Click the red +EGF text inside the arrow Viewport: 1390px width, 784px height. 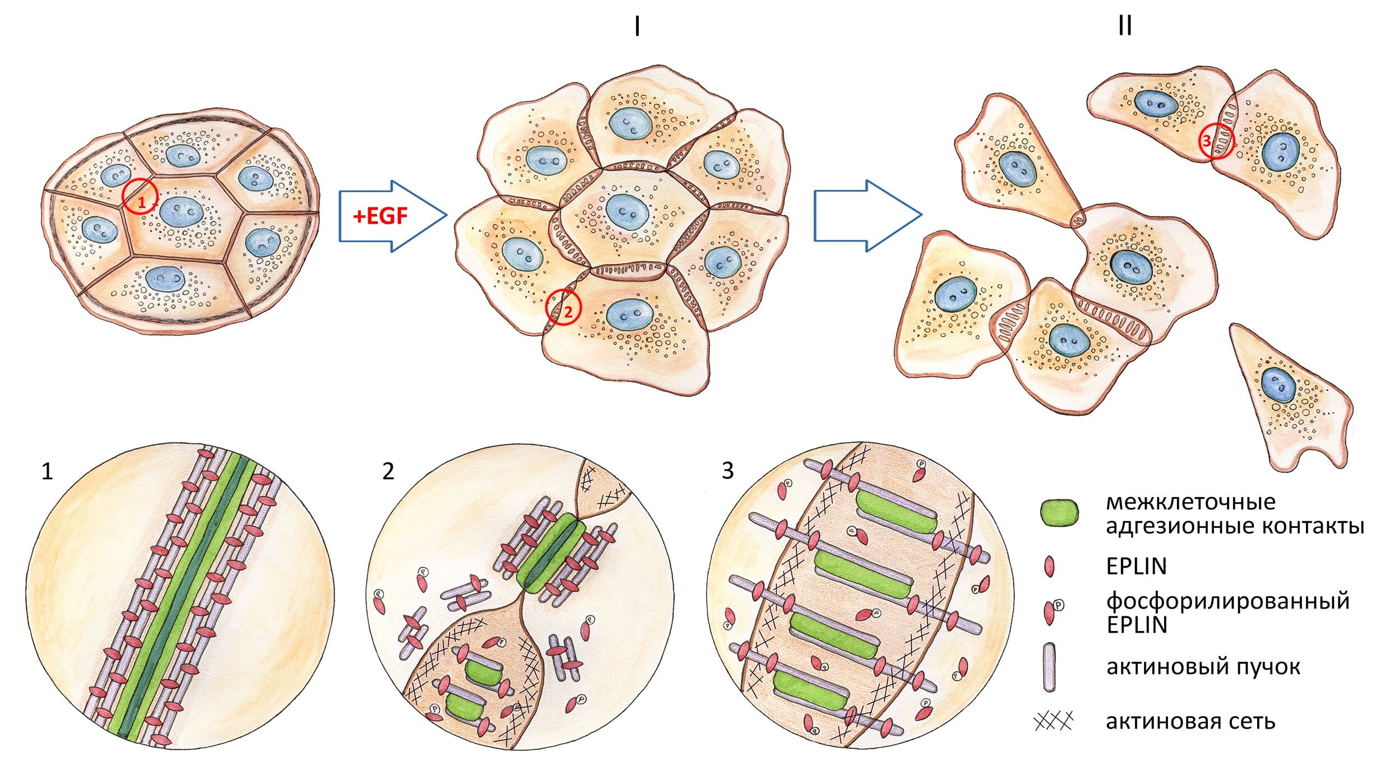click(381, 216)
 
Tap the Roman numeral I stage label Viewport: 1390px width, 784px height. click(637, 26)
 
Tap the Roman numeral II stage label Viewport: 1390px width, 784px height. click(1124, 26)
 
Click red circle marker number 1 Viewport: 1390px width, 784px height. click(140, 196)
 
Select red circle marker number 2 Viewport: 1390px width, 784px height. click(564, 308)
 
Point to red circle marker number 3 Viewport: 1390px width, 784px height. click(1216, 141)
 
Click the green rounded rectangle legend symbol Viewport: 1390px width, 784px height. click(1059, 513)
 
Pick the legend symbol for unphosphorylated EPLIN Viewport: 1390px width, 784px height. click(1049, 567)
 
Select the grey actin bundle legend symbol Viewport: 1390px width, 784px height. click(1049, 667)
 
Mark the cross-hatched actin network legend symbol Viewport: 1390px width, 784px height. click(1053, 721)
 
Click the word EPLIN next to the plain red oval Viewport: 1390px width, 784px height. click(1136, 567)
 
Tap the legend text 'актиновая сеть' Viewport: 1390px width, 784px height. click(1190, 721)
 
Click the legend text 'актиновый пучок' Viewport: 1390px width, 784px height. click(1203, 667)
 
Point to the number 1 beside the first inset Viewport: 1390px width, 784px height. click(47, 472)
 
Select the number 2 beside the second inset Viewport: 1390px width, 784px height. click(388, 472)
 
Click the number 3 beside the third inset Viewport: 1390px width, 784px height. click(728, 471)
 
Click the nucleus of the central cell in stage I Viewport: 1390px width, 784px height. click(627, 212)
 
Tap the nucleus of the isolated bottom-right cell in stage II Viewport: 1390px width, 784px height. click(1278, 385)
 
